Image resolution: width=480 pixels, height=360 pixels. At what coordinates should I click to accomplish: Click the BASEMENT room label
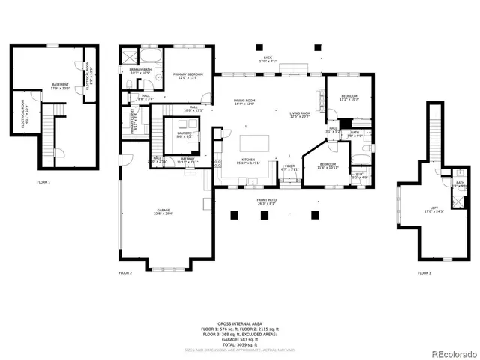coord(59,85)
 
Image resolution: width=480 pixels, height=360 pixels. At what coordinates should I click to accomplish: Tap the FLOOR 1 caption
coord(43,182)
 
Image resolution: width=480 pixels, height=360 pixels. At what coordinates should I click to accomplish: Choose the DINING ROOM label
coord(244,102)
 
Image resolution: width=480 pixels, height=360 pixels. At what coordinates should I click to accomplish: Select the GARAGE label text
coord(163,211)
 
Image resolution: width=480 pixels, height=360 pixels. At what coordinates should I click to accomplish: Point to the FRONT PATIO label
coord(267,201)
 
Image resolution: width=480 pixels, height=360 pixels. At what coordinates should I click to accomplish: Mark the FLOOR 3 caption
coord(424,273)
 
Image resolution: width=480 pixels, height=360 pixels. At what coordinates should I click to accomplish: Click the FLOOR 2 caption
coord(124,273)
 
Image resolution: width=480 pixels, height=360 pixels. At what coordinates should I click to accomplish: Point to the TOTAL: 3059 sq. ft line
coord(240,342)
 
